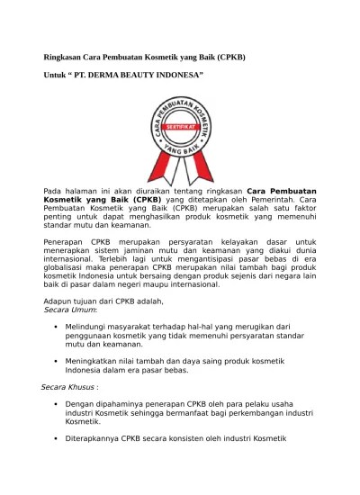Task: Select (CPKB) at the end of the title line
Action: (x=227, y=57)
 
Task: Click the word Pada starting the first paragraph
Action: (x=55, y=192)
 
